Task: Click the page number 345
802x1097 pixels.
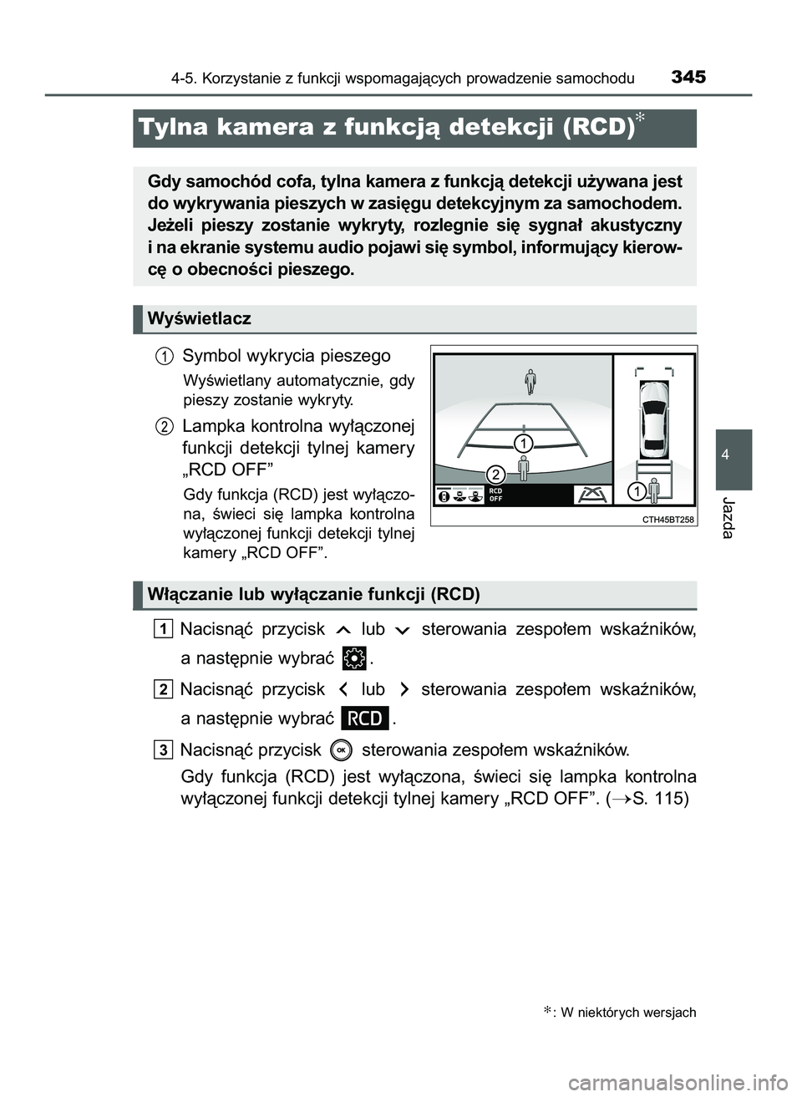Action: coord(688,77)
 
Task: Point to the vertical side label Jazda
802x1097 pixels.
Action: coord(728,518)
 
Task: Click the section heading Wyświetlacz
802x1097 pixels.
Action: coord(199,318)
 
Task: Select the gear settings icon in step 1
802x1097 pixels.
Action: coord(354,658)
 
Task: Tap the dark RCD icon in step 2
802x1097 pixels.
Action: coord(365,719)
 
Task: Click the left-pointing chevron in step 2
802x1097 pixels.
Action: coord(343,690)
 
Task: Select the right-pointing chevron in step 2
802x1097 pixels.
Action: coord(404,690)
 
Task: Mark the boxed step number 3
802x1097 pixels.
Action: coord(164,749)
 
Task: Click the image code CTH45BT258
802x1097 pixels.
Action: coord(667,519)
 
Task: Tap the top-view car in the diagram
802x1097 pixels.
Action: coord(654,414)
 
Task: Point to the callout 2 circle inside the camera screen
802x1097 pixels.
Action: coord(495,474)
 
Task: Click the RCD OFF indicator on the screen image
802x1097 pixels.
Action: coord(496,495)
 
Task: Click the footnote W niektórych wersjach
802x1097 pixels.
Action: coord(627,1013)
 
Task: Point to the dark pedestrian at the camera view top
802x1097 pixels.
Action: coord(530,381)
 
